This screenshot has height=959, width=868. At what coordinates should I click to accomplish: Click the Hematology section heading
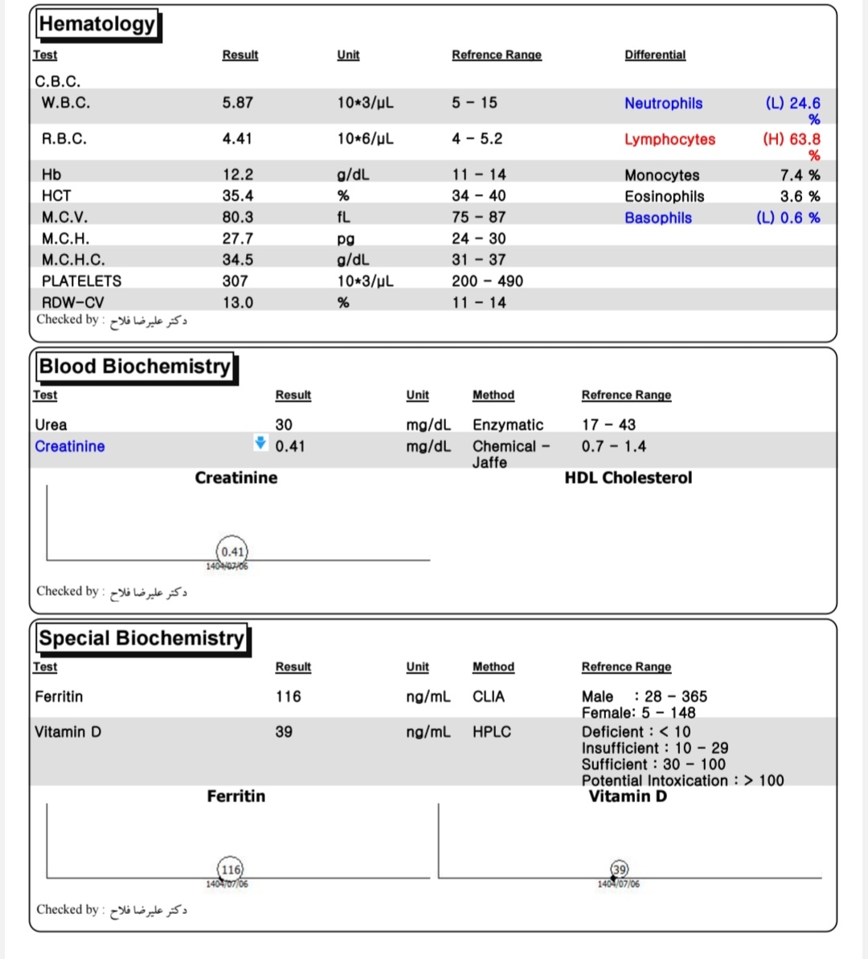(97, 24)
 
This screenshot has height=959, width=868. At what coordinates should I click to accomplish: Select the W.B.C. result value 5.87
(238, 103)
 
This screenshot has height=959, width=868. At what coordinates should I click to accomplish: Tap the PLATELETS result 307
(235, 281)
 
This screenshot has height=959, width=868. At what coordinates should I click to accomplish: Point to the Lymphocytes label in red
(669, 139)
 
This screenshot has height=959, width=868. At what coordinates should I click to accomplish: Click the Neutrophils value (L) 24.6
(792, 104)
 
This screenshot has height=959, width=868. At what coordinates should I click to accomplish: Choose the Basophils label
(658, 218)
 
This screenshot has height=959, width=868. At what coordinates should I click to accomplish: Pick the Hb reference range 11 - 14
(479, 174)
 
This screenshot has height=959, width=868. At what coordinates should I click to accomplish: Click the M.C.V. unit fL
(344, 217)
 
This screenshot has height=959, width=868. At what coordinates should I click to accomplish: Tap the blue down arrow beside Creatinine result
(260, 442)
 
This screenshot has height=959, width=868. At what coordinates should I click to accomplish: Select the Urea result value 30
(284, 424)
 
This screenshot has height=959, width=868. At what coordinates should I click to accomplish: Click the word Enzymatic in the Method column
(508, 424)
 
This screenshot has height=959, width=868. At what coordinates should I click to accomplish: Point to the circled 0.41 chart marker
(232, 551)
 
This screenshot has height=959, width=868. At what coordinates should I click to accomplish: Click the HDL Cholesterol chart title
(628, 477)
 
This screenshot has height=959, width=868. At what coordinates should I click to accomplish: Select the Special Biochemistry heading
(141, 638)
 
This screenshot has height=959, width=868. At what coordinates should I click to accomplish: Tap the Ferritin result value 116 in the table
(288, 696)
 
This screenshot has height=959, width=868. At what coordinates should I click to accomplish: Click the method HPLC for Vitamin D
(492, 732)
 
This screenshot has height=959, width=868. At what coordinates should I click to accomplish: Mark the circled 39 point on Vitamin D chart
(619, 869)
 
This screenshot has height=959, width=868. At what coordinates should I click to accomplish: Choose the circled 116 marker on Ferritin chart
(231, 869)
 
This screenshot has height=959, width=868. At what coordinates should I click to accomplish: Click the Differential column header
(655, 55)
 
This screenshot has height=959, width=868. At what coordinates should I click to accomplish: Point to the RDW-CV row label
(72, 303)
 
